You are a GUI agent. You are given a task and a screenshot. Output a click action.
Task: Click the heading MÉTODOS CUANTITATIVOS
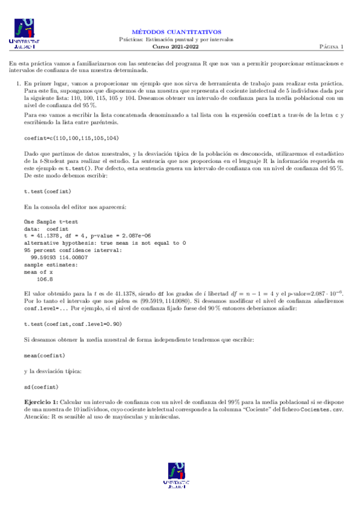(177, 31)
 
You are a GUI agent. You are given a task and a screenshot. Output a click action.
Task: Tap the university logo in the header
(23, 34)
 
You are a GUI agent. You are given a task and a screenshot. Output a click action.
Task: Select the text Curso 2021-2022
(177, 46)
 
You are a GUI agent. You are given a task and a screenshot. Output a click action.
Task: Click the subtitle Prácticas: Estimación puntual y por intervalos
(177, 39)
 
